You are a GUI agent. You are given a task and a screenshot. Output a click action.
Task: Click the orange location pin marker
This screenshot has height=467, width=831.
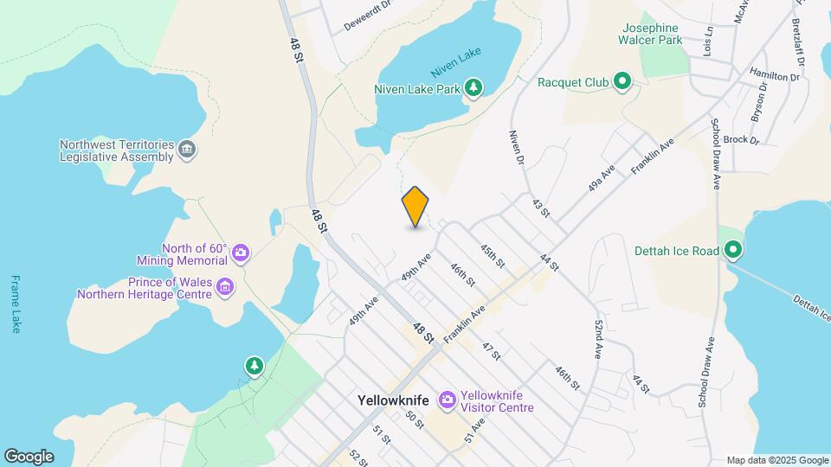415,206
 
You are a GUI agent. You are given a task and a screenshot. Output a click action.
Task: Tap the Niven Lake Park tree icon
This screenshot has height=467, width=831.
473,87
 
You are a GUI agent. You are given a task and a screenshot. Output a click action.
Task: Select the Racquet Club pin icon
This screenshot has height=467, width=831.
622,82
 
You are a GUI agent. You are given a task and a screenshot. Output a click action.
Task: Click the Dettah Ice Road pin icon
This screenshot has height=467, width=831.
733,251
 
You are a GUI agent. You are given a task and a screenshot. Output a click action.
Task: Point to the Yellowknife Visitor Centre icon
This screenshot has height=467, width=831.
448,400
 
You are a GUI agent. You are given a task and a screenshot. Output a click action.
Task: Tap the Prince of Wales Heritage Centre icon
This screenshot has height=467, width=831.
225,286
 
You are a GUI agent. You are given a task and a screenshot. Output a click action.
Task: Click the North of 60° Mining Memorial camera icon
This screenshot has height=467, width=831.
240,253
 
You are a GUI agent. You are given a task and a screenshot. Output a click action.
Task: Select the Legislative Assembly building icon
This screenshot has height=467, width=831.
186,150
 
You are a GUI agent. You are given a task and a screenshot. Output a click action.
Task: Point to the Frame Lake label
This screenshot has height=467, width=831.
15,304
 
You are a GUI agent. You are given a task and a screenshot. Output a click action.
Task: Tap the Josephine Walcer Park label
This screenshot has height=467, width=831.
649,33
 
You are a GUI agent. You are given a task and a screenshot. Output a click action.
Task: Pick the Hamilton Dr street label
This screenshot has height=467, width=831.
775,76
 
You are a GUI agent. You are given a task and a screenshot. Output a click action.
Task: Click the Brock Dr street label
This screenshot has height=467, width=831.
741,139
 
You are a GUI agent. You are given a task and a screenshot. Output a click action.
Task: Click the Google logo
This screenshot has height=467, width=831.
29,457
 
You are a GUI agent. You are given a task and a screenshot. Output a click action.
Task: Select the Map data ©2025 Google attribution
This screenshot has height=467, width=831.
777,460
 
